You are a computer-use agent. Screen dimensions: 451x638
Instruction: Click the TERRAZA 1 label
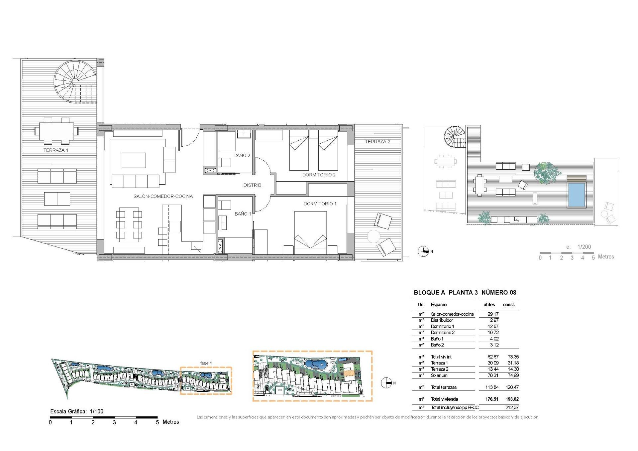pyautogui.click(x=56, y=150)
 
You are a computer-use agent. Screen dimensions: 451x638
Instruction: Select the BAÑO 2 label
pyautogui.click(x=242, y=155)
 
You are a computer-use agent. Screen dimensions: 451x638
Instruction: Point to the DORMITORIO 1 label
pyautogui.click(x=320, y=204)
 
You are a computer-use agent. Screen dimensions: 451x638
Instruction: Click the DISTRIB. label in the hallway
pyautogui.click(x=253, y=185)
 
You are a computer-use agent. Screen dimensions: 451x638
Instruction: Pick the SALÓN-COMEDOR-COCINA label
pyautogui.click(x=163, y=196)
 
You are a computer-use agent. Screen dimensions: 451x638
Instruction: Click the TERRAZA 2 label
pyautogui.click(x=377, y=142)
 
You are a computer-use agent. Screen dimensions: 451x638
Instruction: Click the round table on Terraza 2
pyautogui.click(x=373, y=236)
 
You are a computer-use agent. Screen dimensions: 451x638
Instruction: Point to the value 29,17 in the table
pyautogui.click(x=493, y=314)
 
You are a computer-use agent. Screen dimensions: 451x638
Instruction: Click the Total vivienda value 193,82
pyautogui.click(x=511, y=399)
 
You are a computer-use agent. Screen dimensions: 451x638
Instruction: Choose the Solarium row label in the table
pyautogui.click(x=439, y=376)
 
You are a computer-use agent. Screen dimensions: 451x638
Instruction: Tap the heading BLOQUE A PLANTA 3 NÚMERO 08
pyautogui.click(x=465, y=293)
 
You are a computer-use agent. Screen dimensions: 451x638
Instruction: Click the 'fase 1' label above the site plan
pyautogui.click(x=206, y=363)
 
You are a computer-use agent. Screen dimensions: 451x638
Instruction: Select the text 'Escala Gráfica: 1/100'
pyautogui.click(x=77, y=411)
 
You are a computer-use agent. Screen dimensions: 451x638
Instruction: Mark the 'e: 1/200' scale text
pyautogui.click(x=579, y=247)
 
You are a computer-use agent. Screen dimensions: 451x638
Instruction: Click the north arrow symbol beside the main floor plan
pyautogui.click(x=423, y=251)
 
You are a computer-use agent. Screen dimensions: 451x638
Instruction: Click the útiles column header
pyautogui.click(x=489, y=305)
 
